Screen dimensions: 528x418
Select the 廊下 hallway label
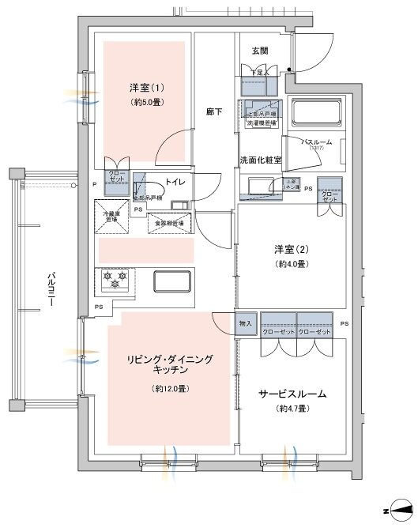pos(213,112)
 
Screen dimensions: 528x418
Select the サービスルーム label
pos(292,394)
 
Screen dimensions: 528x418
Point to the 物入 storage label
pos(245,323)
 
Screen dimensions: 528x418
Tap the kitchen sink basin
pos(173,281)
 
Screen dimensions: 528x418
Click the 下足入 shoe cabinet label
pos(259,73)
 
